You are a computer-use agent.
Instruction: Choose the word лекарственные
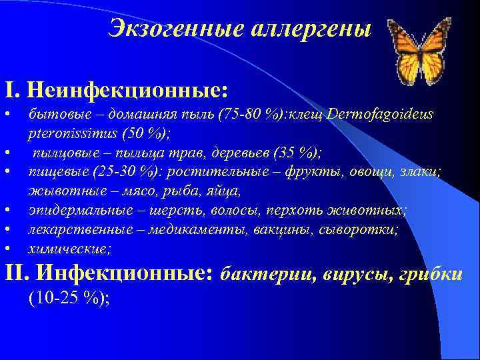(74, 229)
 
